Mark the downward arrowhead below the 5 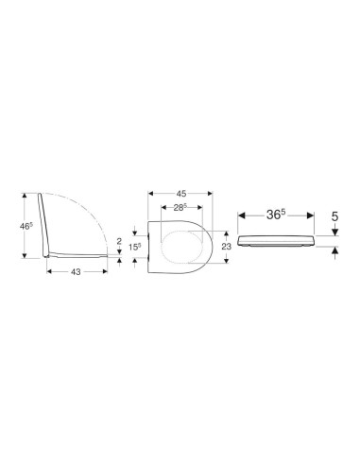334,234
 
